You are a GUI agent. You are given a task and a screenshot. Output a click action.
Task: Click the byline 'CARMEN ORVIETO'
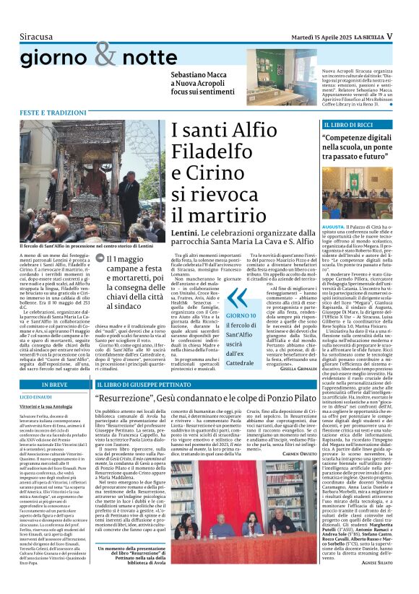click(300, 473)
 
